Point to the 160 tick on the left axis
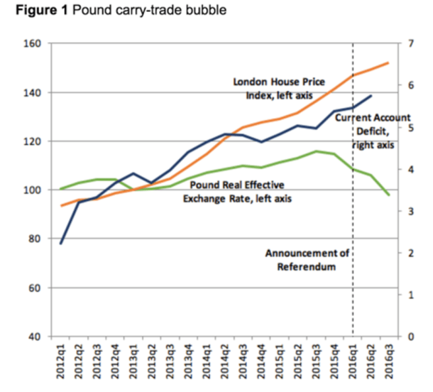pyautogui.click(x=32, y=44)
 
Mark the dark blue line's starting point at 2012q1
pyautogui.click(x=61, y=243)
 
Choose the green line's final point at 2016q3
pyautogui.click(x=388, y=195)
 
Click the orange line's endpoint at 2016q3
pyautogui.click(x=388, y=63)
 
